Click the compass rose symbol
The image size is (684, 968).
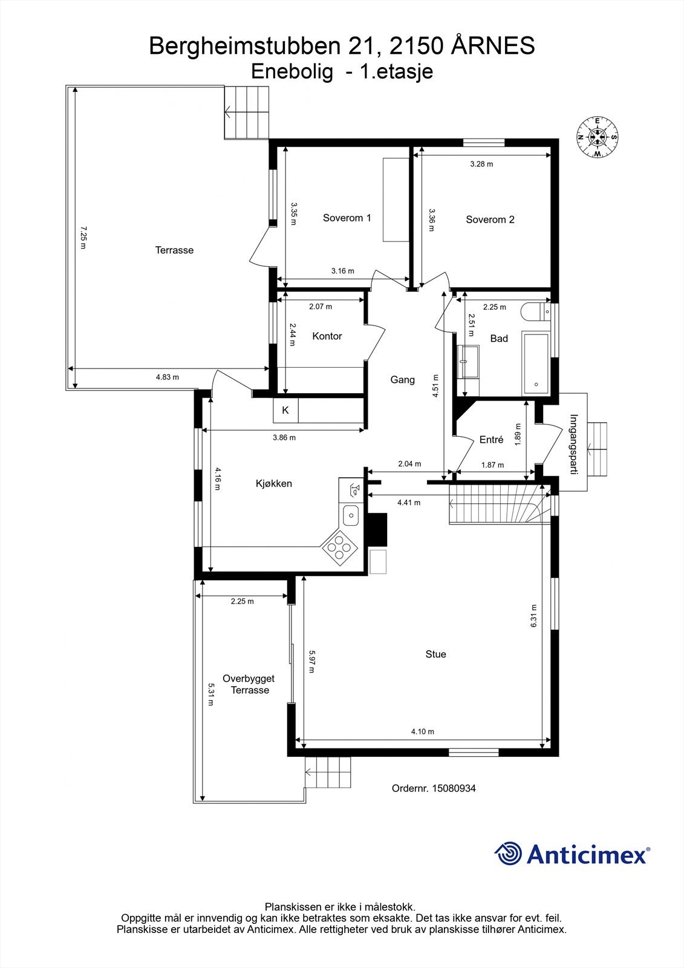[x=598, y=137]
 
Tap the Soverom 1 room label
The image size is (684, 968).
[x=347, y=218]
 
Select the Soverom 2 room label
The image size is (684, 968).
[x=490, y=220]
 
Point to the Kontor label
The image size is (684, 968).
[x=327, y=336]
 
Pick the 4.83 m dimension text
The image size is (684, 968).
[x=167, y=378]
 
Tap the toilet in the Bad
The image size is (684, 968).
[x=536, y=312]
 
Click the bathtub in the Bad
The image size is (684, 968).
[x=536, y=364]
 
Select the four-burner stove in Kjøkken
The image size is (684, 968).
[x=339, y=548]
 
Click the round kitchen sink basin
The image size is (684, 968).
[x=351, y=515]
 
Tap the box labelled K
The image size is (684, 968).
[x=285, y=410]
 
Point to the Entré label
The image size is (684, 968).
[x=491, y=440]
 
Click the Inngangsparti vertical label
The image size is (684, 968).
[x=574, y=445]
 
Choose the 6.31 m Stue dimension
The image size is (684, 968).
[x=533, y=615]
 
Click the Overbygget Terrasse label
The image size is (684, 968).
[x=249, y=684]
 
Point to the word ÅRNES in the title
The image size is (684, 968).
[x=493, y=46]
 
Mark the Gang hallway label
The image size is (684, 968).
[x=402, y=380]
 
